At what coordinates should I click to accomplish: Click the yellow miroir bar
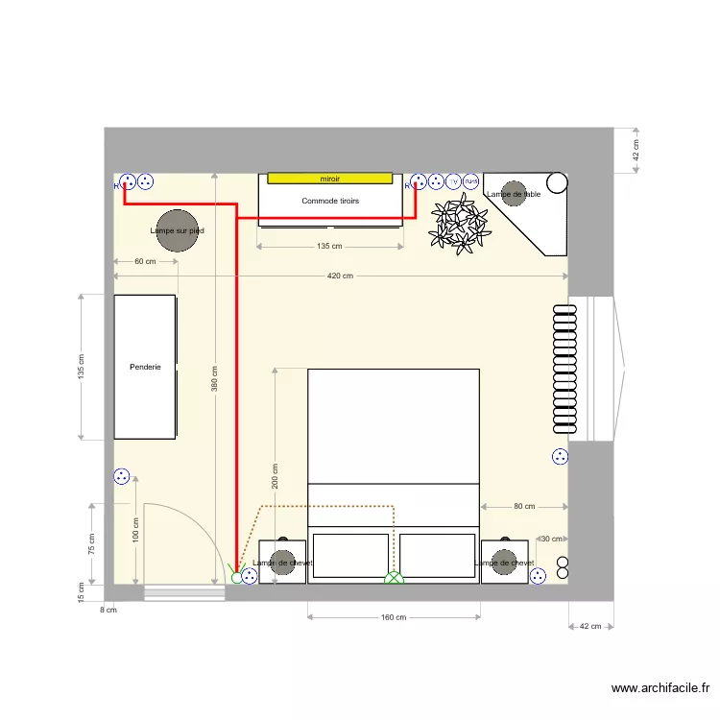click(x=329, y=179)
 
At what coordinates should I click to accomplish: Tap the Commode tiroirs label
click(x=329, y=201)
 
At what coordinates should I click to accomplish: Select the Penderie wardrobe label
click(x=145, y=367)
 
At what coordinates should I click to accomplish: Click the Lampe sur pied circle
click(x=177, y=230)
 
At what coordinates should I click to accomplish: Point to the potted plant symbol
click(x=461, y=224)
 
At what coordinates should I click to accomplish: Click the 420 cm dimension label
click(x=341, y=276)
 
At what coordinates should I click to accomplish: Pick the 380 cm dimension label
click(x=214, y=379)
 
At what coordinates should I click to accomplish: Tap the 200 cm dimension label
click(x=276, y=476)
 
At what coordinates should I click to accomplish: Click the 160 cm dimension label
click(x=394, y=617)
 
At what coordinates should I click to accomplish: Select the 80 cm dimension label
click(x=524, y=506)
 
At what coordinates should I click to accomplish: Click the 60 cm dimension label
click(x=145, y=262)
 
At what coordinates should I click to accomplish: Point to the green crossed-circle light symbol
click(x=394, y=578)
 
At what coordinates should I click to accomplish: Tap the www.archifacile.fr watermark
click(x=660, y=688)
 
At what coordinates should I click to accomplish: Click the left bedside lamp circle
click(x=282, y=563)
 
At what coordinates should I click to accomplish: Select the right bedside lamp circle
click(x=504, y=563)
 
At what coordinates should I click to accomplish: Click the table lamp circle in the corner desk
click(x=514, y=193)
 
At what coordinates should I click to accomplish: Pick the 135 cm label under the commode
click(x=329, y=247)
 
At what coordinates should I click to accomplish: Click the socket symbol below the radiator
click(x=560, y=457)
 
